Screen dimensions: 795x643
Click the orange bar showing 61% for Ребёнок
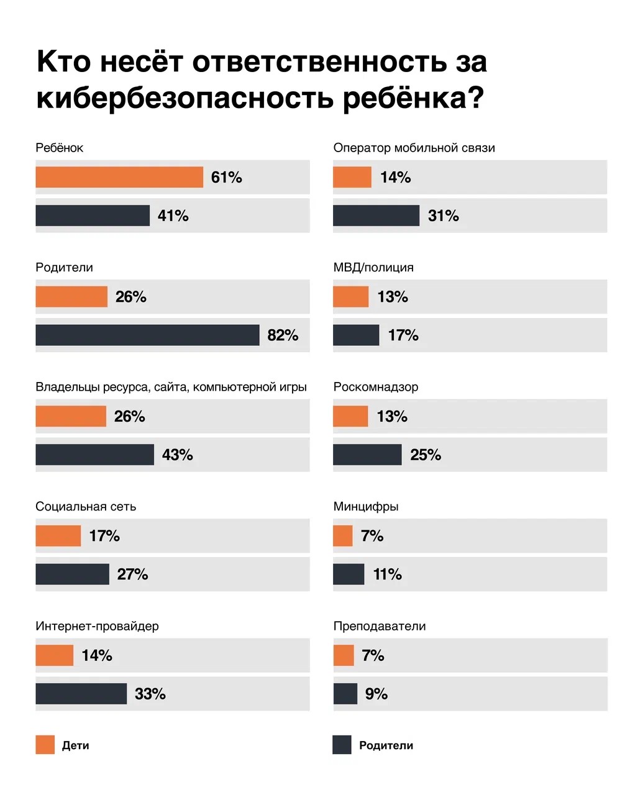click(x=119, y=177)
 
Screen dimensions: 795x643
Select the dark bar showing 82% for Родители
click(x=147, y=335)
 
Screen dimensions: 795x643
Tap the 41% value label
click(x=173, y=216)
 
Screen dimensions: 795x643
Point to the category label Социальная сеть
click(x=86, y=506)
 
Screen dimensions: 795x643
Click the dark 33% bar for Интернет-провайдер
click(x=81, y=694)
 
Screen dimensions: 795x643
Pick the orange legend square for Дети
click(x=45, y=745)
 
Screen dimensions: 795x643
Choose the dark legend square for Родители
click(x=342, y=745)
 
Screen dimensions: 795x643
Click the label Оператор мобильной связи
click(x=414, y=148)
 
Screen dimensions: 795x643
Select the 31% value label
click(x=444, y=216)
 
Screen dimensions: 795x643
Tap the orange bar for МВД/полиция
click(x=351, y=297)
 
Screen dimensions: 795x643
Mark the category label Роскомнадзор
click(x=376, y=387)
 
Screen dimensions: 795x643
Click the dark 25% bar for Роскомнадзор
click(x=367, y=455)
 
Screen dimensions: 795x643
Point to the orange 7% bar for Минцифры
click(x=343, y=535)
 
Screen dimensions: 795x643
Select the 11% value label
click(x=388, y=575)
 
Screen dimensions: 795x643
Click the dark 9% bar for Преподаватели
click(x=345, y=694)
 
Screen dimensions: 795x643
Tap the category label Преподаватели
click(x=380, y=626)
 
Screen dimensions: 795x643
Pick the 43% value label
click(x=178, y=455)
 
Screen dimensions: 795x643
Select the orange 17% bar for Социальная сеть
click(x=58, y=535)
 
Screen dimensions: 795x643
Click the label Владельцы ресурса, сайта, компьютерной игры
click(x=171, y=387)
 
